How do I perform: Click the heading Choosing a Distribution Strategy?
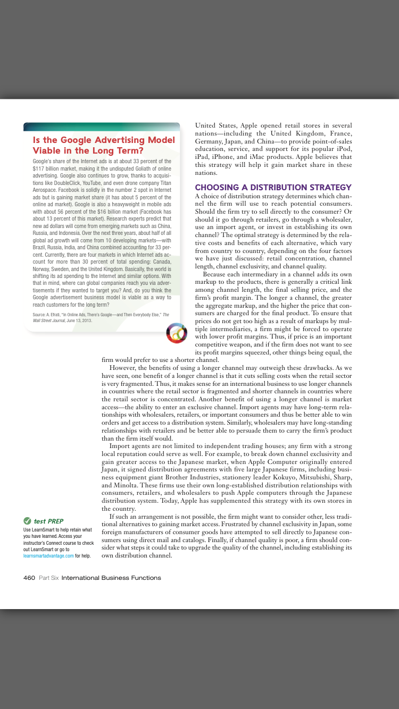[273, 187]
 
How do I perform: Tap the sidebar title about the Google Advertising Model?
[104, 145]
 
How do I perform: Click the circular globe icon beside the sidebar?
[177, 333]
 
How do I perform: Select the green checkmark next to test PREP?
[27, 521]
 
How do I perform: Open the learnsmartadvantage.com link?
[48, 556]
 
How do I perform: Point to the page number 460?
[29, 578]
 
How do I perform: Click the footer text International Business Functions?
[111, 578]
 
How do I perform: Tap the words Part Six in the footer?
[48, 578]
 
